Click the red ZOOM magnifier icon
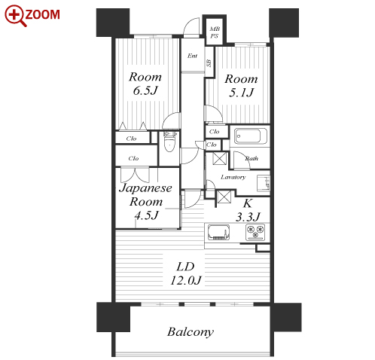coord(14,15)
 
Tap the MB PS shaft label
coord(215,32)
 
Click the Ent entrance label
coord(192,56)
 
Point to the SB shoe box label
coord(209,63)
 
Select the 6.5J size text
coord(145,90)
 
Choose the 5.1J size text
coord(241,93)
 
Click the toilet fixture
coord(169,142)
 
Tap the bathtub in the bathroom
coord(250,136)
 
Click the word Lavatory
coord(233,177)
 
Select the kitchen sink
coord(218,233)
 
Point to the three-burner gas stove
coord(255,232)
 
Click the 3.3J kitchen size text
coord(248,216)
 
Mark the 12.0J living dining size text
coord(186,280)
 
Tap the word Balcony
coord(191,332)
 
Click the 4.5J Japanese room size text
coord(146,215)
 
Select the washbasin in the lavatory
coord(264,183)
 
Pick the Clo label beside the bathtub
coord(214,132)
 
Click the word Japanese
coord(145,188)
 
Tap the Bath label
coord(252,158)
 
